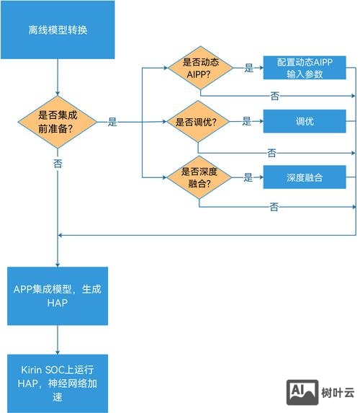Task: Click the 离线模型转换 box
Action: (x=57, y=31)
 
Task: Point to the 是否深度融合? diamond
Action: (x=201, y=177)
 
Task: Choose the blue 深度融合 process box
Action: (x=305, y=177)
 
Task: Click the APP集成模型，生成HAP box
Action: (x=57, y=296)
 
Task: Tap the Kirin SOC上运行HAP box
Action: (x=57, y=382)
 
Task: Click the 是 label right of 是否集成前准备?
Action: (x=112, y=123)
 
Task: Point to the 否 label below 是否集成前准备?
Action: (x=57, y=164)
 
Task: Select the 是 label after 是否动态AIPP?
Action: (x=249, y=68)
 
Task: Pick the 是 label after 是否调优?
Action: (x=247, y=122)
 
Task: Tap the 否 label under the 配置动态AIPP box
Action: (x=274, y=95)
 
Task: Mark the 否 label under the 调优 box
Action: (x=271, y=153)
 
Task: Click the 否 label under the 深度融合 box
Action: (x=274, y=208)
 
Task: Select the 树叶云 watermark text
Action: (x=338, y=394)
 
